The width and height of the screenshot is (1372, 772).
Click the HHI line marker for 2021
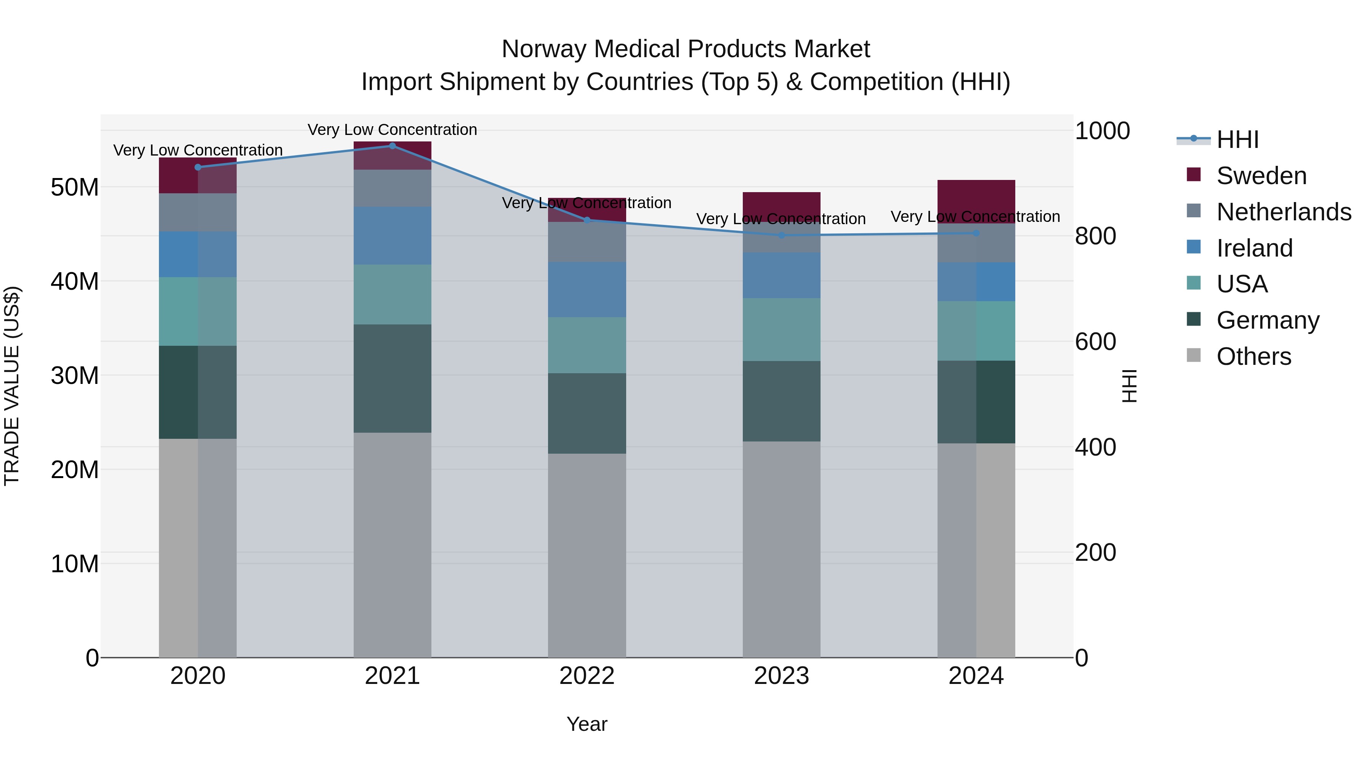(x=392, y=146)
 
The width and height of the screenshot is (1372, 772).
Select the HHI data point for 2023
(x=781, y=235)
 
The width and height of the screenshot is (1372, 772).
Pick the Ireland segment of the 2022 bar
(x=587, y=289)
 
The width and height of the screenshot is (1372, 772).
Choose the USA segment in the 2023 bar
(x=781, y=329)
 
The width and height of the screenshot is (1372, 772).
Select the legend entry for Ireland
(x=1254, y=248)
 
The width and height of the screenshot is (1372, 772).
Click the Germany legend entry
(x=1268, y=320)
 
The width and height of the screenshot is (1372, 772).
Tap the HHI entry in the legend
(x=1237, y=140)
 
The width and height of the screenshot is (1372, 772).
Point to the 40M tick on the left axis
(x=75, y=281)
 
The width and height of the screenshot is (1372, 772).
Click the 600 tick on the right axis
(x=1095, y=342)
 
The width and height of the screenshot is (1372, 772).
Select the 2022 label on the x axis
(x=587, y=676)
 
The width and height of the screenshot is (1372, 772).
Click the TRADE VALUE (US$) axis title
(x=12, y=386)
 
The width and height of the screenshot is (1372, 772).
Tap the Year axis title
(x=587, y=724)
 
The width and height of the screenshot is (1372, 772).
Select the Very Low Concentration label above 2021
(x=392, y=130)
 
